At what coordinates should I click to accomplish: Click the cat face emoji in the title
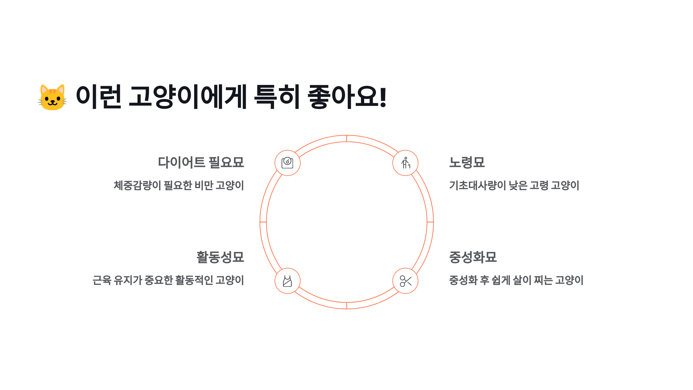[52, 97]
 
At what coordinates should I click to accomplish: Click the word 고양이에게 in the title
[188, 97]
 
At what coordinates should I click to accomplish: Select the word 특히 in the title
[277, 97]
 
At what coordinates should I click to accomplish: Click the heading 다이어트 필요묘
[201, 162]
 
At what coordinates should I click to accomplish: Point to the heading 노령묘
[467, 162]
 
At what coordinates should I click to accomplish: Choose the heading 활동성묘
[220, 257]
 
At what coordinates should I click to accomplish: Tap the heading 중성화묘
[473, 257]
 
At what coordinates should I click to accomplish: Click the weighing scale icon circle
[288, 163]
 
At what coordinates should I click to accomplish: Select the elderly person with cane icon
[405, 163]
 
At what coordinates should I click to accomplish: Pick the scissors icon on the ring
[405, 281]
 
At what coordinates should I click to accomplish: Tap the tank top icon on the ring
[288, 281]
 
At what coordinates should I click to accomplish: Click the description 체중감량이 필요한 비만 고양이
[179, 185]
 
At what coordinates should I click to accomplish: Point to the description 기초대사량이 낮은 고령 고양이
[514, 185]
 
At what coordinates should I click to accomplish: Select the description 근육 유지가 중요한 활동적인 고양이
[168, 280]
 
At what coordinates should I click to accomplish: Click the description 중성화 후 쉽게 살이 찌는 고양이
[516, 280]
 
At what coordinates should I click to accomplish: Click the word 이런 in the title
[98, 97]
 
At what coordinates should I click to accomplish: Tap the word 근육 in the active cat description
[102, 280]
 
